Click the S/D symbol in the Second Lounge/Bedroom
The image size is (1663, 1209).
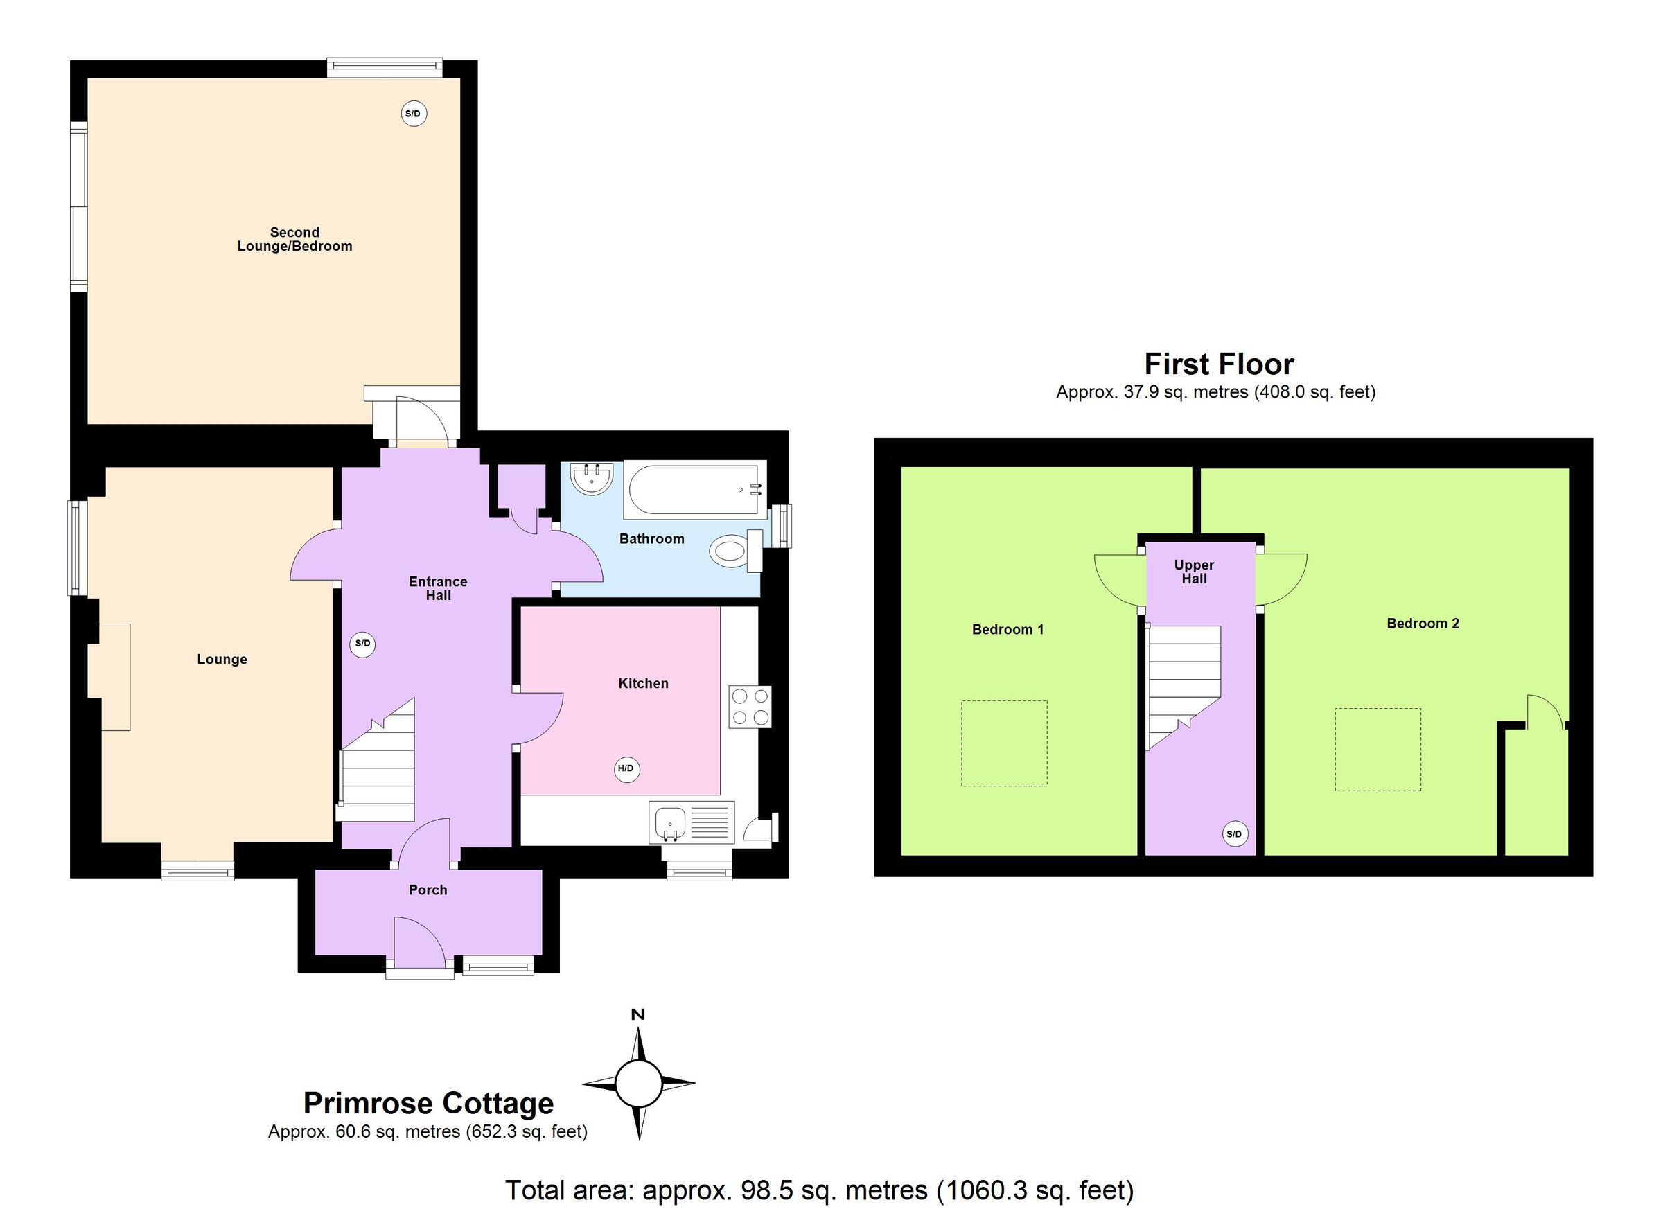point(414,114)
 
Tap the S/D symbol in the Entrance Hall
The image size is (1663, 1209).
point(363,644)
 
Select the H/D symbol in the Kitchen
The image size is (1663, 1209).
point(626,769)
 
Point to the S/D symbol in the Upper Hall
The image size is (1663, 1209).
point(1235,834)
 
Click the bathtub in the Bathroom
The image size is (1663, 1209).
point(694,489)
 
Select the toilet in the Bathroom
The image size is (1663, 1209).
point(735,550)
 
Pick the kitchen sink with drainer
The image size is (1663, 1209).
point(691,822)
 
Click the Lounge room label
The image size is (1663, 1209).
point(222,659)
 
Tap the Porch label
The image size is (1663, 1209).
point(428,890)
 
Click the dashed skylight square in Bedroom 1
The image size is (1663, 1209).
point(1004,743)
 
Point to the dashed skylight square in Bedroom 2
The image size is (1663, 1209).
point(1378,749)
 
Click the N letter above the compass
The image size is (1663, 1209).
point(638,1015)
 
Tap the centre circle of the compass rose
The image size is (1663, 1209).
point(638,1083)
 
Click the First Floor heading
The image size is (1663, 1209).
point(1219,364)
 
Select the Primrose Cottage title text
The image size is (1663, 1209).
point(428,1104)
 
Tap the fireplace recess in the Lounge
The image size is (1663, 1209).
point(110,677)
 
